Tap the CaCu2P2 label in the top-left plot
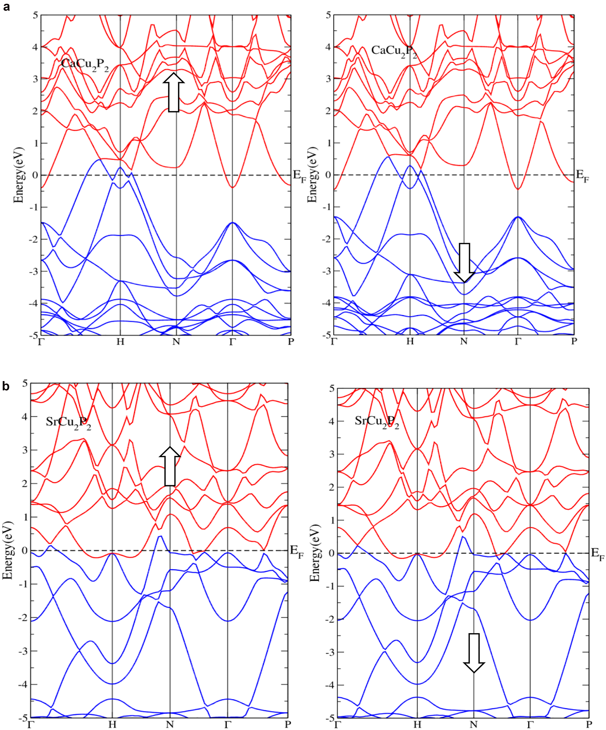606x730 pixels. tap(84, 65)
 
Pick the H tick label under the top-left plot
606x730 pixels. tap(120, 342)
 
